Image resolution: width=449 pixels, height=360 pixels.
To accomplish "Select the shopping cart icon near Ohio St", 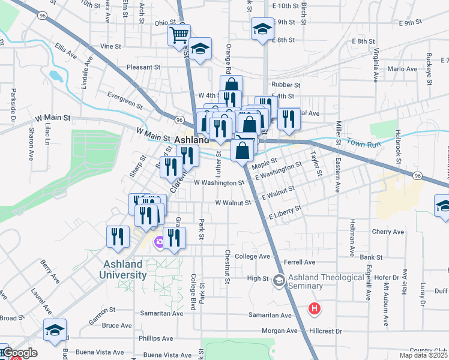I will click(x=179, y=35).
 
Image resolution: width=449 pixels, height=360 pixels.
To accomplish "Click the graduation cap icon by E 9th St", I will click(x=262, y=29).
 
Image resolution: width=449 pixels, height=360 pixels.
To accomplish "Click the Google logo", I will click(x=20, y=353).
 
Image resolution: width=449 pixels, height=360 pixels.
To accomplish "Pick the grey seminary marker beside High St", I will click(x=279, y=280).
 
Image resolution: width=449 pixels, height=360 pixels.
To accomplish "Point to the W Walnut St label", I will click(x=232, y=203).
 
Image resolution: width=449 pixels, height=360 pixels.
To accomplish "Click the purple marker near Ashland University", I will click(x=160, y=243).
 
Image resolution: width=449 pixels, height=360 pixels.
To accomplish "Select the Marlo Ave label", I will click(x=402, y=69).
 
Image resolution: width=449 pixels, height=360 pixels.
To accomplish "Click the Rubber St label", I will click(x=285, y=85).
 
